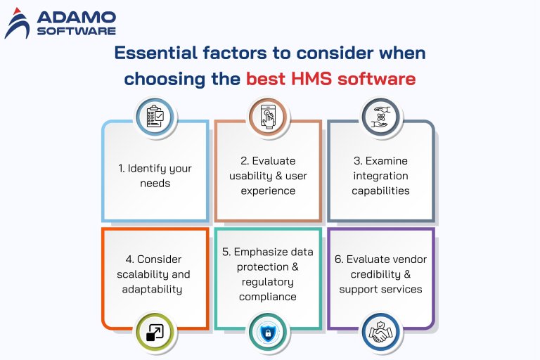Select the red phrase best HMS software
(330, 78)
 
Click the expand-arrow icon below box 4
(155, 333)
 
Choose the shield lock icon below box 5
(268, 333)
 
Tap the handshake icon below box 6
(380, 333)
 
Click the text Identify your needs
(155, 176)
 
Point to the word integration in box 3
(380, 176)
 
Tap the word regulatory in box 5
(268, 282)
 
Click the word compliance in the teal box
(268, 297)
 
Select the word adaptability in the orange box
(155, 289)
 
